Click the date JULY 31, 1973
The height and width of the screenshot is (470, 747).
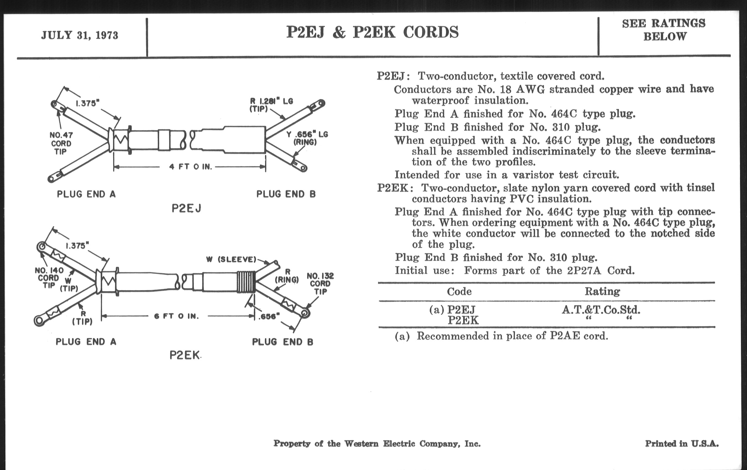pyautogui.click(x=80, y=35)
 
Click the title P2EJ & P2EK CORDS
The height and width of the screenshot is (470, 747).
pyautogui.click(x=372, y=32)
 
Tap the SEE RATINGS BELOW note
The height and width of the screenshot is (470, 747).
pyautogui.click(x=664, y=30)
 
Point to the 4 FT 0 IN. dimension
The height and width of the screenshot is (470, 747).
pyautogui.click(x=190, y=167)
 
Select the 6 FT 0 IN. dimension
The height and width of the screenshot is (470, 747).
pyautogui.click(x=176, y=316)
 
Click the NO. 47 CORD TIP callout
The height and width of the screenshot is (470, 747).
pyautogui.click(x=61, y=143)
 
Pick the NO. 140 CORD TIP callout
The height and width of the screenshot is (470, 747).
pyautogui.click(x=49, y=278)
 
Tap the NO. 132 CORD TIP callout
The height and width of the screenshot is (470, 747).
pyautogui.click(x=320, y=284)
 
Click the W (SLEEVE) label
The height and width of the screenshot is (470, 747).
pyautogui.click(x=231, y=259)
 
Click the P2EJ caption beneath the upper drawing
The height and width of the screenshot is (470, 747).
pyautogui.click(x=186, y=209)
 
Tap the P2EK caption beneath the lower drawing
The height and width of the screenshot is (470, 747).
pyautogui.click(x=185, y=355)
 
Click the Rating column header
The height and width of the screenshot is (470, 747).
pyautogui.click(x=602, y=291)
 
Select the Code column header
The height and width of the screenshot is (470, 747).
pyautogui.click(x=459, y=291)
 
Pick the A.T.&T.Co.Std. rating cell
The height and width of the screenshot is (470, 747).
pyautogui.click(x=601, y=309)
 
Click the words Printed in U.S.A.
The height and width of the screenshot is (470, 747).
pyautogui.click(x=682, y=444)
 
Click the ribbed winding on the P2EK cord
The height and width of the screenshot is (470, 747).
pyautogui.click(x=246, y=282)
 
